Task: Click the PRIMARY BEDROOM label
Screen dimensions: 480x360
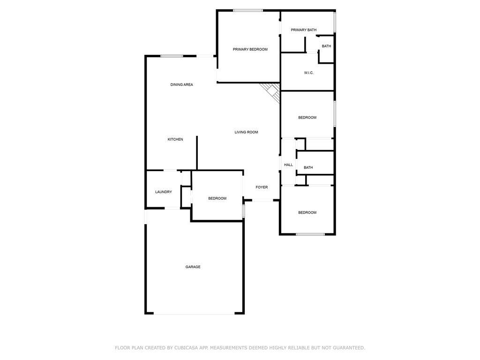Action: [250, 49]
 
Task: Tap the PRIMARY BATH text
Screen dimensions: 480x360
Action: [303, 30]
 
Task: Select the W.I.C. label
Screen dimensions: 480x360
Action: [308, 73]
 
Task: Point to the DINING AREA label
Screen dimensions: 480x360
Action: [181, 84]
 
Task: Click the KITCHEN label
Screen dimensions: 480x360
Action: [175, 139]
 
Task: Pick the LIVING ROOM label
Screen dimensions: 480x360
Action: [246, 132]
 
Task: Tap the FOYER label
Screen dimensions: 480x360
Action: [262, 187]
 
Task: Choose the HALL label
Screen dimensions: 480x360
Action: [288, 165]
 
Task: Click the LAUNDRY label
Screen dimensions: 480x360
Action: [164, 192]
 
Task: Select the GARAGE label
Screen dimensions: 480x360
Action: [193, 267]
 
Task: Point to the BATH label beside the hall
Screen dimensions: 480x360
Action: [308, 167]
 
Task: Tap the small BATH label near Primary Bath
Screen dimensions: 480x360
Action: [326, 46]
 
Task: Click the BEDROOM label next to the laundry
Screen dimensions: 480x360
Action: [217, 198]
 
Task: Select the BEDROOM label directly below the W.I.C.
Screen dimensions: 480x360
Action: [307, 118]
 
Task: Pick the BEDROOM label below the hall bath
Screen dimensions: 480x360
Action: [307, 212]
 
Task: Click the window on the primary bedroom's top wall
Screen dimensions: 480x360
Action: [248, 10]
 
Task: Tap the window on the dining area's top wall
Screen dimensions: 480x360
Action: [172, 56]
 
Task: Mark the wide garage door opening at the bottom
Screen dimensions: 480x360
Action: [194, 314]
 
